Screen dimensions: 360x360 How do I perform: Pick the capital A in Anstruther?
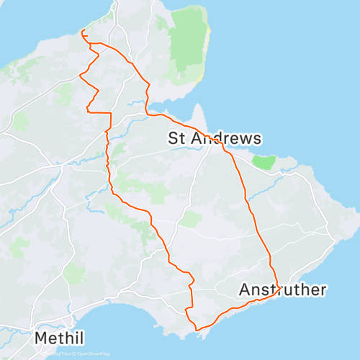(245, 290)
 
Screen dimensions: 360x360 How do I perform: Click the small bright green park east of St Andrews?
(266, 162)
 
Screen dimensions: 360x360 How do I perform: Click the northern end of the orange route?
(84, 30)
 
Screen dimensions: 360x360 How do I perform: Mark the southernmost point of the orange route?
(197, 330)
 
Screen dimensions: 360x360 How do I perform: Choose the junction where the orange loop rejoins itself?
(90, 44)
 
